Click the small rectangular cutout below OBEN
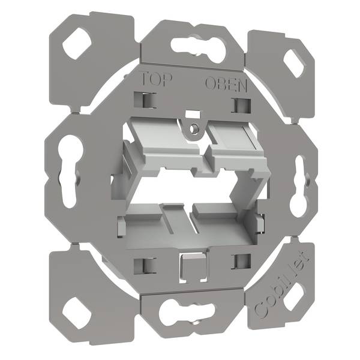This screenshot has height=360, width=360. pyautogui.click(x=238, y=106)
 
